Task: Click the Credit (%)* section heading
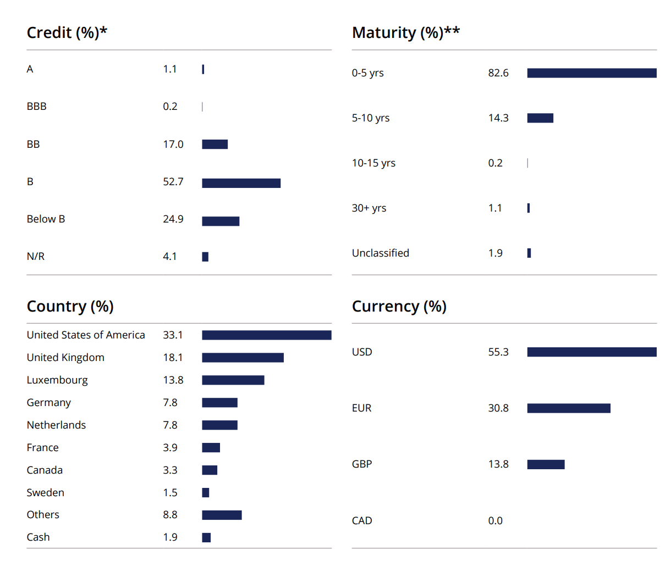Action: (x=67, y=33)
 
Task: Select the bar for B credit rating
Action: (x=241, y=183)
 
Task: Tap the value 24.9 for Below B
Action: (x=173, y=219)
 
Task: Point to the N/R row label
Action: (x=36, y=257)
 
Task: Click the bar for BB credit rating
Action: (x=215, y=145)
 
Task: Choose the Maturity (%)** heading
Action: (x=405, y=33)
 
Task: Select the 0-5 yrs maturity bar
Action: (x=591, y=73)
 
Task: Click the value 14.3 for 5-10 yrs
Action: (x=498, y=118)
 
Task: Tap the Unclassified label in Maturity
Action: (x=380, y=253)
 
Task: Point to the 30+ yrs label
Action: (x=369, y=208)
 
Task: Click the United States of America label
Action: (x=86, y=335)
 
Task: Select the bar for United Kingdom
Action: (x=243, y=358)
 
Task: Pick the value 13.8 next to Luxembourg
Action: (x=173, y=380)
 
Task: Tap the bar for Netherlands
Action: (x=219, y=425)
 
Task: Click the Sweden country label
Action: (x=45, y=493)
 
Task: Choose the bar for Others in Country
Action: (x=222, y=515)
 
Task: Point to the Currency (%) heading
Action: (x=399, y=307)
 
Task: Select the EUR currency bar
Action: (x=568, y=408)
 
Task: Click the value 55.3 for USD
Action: (x=498, y=352)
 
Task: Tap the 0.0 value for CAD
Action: (x=495, y=521)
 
